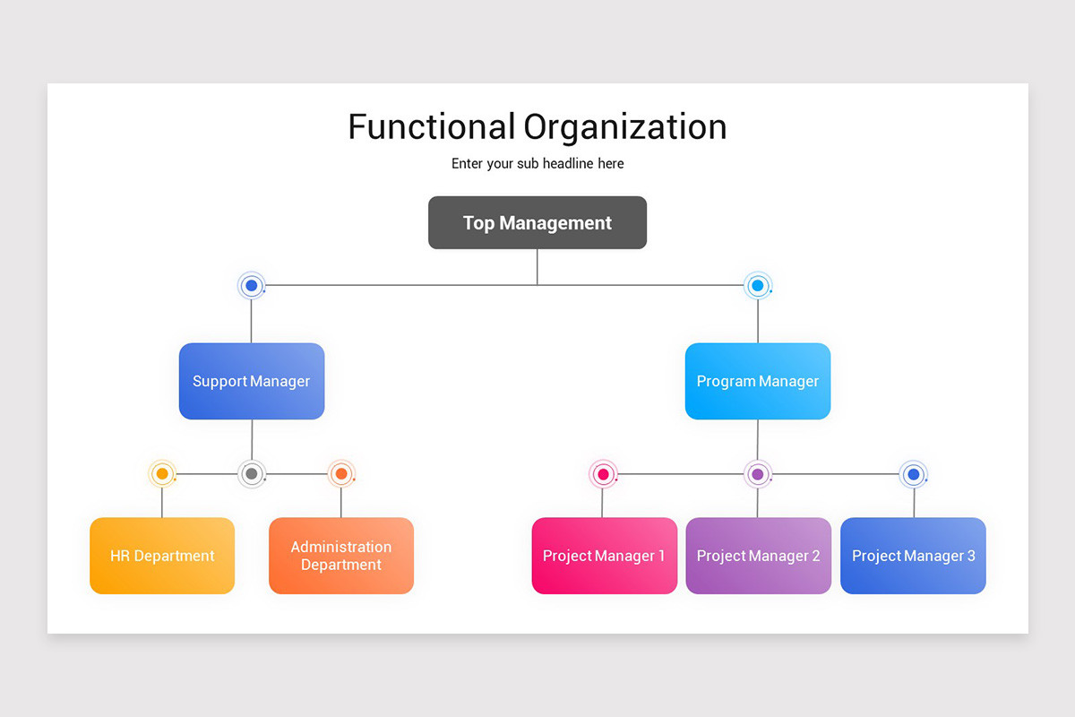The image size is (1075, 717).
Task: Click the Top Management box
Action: pos(537,222)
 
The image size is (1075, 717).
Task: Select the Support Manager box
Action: pos(252,381)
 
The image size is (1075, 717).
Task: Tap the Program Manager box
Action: pos(758,381)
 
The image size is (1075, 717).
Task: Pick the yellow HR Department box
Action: pos(162,556)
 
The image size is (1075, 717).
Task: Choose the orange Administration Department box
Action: pos(341,556)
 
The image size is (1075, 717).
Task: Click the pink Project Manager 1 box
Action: pos(604,556)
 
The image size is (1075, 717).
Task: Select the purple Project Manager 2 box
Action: pos(758,556)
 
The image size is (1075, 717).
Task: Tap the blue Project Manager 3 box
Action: pos(913,556)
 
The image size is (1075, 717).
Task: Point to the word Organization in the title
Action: pos(625,127)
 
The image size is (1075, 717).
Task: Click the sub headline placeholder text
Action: pos(537,164)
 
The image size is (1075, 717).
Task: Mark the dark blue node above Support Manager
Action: pos(252,286)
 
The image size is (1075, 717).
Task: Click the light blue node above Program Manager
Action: pos(758,286)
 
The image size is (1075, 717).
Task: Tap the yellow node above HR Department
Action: pos(162,473)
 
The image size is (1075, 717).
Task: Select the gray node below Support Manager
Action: pos(252,473)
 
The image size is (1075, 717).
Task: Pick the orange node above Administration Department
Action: pos(341,473)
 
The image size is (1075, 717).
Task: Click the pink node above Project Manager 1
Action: pos(603,474)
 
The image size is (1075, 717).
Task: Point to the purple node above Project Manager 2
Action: pos(758,474)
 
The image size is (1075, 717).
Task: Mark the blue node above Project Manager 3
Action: pos(913,474)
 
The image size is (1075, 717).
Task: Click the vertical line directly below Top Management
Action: pos(537,267)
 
